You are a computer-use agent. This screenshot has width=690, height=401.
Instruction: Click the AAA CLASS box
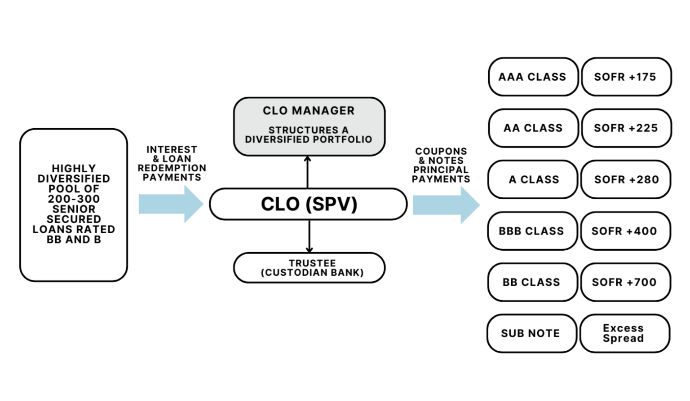533,77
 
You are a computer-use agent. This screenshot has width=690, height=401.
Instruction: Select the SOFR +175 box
626,77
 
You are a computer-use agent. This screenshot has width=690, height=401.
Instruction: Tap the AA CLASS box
533,128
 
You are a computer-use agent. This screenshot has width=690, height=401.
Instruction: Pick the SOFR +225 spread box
626,128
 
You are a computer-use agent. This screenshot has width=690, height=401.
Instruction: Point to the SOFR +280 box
626,179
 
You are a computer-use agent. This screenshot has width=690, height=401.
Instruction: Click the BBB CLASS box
532,231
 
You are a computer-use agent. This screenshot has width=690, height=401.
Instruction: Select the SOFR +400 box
625,231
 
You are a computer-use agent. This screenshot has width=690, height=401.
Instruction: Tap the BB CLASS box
532,282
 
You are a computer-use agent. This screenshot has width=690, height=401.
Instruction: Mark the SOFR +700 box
625,282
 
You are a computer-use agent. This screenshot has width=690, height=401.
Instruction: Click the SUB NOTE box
531,333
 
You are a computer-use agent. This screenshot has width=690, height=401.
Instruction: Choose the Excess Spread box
624,333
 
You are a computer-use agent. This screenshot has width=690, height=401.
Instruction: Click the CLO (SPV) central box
309,204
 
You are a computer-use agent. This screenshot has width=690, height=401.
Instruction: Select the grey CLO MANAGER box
309,126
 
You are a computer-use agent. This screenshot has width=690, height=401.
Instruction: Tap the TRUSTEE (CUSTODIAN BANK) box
309,268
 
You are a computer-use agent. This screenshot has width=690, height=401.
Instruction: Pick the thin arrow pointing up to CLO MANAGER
308,172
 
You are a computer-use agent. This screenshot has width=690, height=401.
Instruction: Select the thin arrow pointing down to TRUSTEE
309,236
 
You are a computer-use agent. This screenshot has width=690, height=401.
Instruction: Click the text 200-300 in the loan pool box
74,199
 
